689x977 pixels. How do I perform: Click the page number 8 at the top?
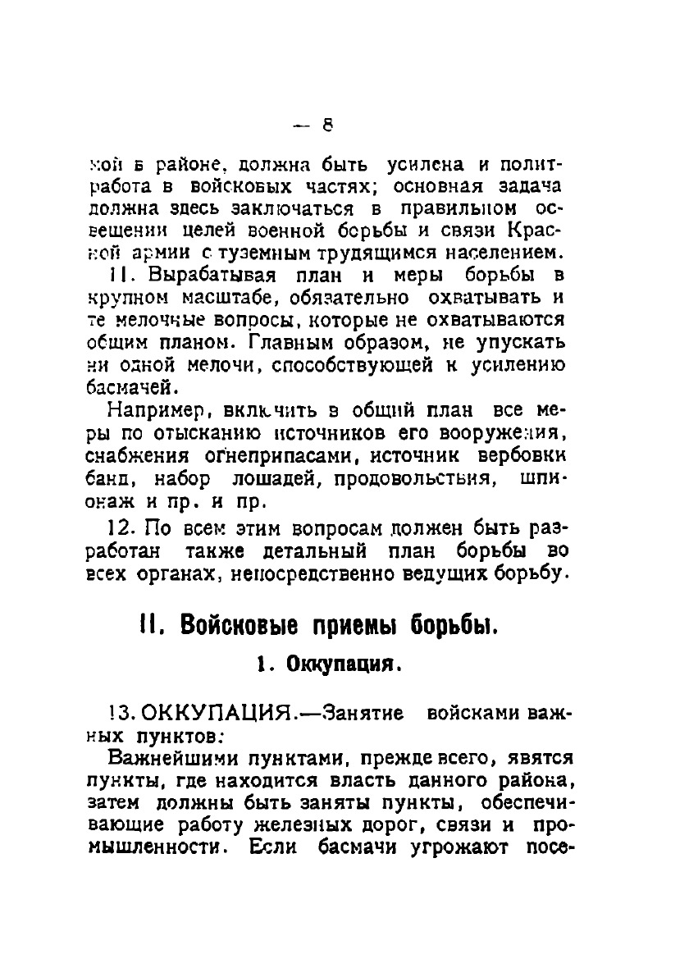click(x=326, y=126)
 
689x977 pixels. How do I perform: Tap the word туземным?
click(x=260, y=248)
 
